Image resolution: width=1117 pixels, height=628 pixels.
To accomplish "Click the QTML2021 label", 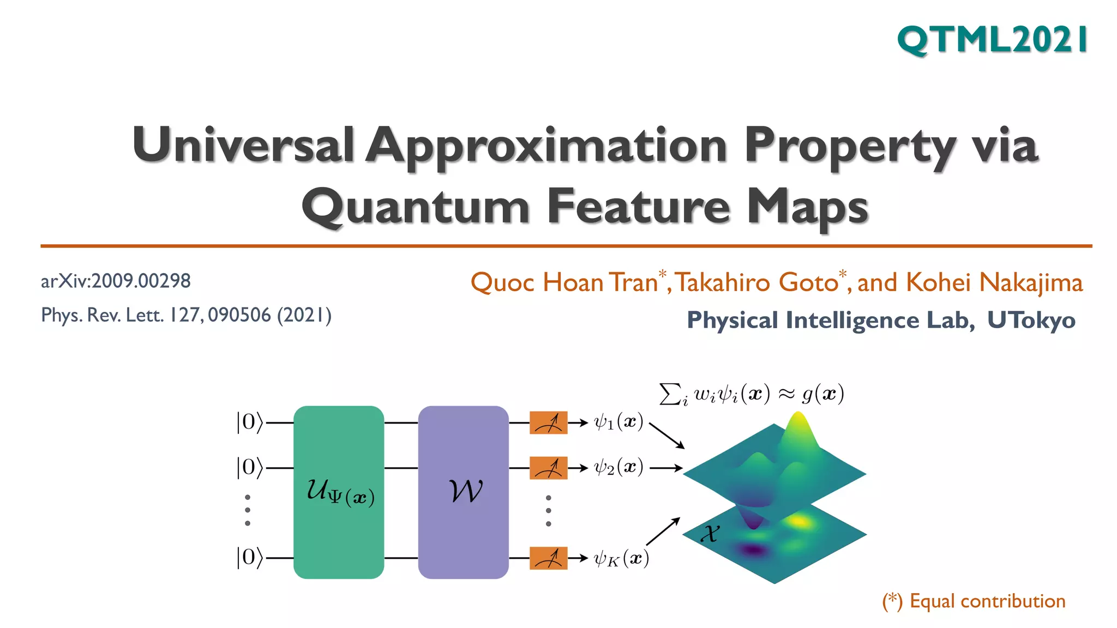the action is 993,40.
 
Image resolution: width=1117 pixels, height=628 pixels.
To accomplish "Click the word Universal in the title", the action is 243,145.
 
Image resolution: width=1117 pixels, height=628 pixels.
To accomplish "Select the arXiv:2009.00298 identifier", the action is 116,281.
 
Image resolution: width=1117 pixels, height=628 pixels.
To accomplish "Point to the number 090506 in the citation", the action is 239,315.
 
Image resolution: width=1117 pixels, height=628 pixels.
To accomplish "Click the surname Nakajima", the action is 1031,282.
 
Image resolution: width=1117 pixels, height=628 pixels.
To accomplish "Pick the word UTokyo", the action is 1031,320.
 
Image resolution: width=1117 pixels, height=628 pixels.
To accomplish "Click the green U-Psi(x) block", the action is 339,492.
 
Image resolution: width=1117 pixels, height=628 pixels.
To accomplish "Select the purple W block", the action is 463,492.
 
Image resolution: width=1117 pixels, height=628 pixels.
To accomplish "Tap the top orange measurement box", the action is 548,422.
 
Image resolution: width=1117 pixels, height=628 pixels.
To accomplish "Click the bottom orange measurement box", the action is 548,558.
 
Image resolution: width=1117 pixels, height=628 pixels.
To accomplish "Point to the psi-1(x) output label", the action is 618,422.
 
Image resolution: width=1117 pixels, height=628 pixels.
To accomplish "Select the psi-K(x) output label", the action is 621,559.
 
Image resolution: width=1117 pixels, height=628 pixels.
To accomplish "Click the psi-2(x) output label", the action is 618,468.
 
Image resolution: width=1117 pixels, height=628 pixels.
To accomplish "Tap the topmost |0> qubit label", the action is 249,422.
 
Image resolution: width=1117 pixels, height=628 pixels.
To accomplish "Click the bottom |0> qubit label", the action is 249,558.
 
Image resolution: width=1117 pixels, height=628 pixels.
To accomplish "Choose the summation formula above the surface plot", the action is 752,394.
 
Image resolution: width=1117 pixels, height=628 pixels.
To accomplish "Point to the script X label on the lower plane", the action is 710,533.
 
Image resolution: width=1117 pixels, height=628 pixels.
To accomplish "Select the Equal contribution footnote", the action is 974,601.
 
